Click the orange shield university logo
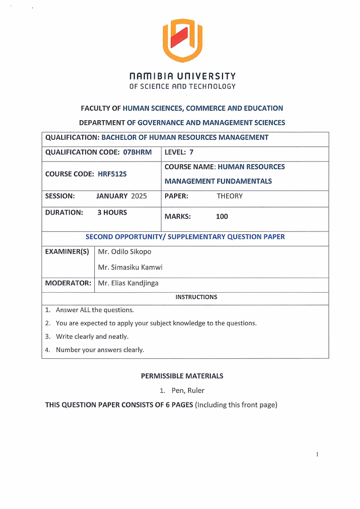(182, 41)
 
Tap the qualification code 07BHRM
(137, 152)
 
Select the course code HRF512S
(112, 174)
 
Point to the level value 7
(191, 152)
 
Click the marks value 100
(222, 216)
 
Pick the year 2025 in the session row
(139, 196)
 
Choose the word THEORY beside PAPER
(229, 196)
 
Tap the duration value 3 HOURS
(112, 212)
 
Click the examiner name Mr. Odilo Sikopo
(125, 251)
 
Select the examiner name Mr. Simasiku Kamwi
(130, 267)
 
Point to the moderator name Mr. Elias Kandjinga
(128, 284)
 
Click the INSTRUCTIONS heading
(196, 297)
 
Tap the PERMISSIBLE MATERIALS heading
(182, 376)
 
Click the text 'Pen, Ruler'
(188, 390)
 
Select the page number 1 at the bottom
(317, 454)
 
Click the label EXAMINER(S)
(67, 251)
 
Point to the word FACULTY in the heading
(94, 108)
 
